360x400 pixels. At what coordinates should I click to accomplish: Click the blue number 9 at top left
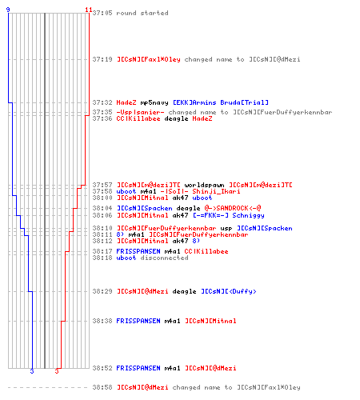8,10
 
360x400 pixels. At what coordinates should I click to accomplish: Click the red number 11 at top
89,10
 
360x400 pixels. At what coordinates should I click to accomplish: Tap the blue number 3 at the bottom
32,371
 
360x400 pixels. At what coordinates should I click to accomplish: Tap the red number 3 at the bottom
57,371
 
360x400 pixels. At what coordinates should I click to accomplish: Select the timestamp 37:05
102,13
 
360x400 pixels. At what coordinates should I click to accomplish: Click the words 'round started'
142,13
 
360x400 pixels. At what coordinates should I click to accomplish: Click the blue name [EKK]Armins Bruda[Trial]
221,102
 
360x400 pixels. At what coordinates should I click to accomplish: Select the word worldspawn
204,185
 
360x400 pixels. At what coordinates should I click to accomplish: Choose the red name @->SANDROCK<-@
233,208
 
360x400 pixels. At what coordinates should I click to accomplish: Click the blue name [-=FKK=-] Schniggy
229,215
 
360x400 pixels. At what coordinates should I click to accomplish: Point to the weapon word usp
226,229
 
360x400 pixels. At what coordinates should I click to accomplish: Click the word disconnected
164,258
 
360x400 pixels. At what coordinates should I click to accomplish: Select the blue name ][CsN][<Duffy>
229,291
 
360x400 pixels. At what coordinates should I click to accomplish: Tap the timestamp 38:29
102,291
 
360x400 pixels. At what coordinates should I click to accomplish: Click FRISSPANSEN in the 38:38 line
138,321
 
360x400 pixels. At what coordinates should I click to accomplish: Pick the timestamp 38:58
102,387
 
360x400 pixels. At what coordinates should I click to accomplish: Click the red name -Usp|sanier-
140,112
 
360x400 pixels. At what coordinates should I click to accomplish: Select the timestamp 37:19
102,59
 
